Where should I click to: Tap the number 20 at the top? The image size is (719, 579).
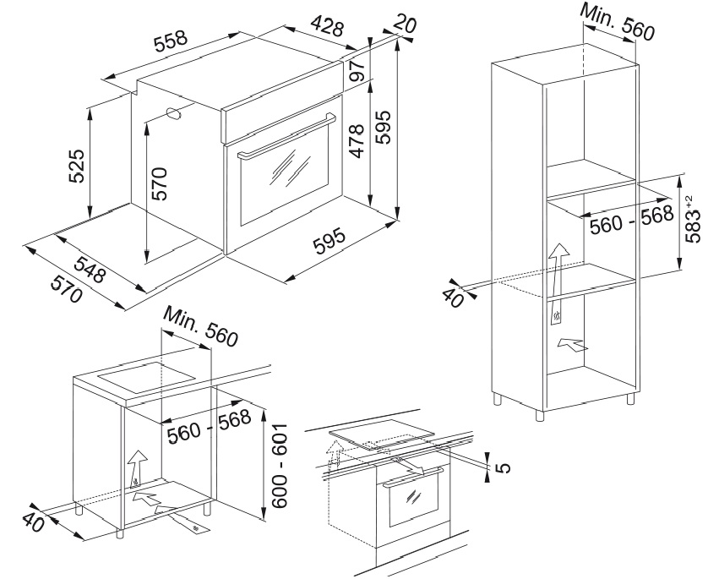coord(405,25)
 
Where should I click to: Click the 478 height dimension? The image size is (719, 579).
coord(357,142)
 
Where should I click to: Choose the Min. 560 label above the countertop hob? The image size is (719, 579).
coord(201,327)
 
